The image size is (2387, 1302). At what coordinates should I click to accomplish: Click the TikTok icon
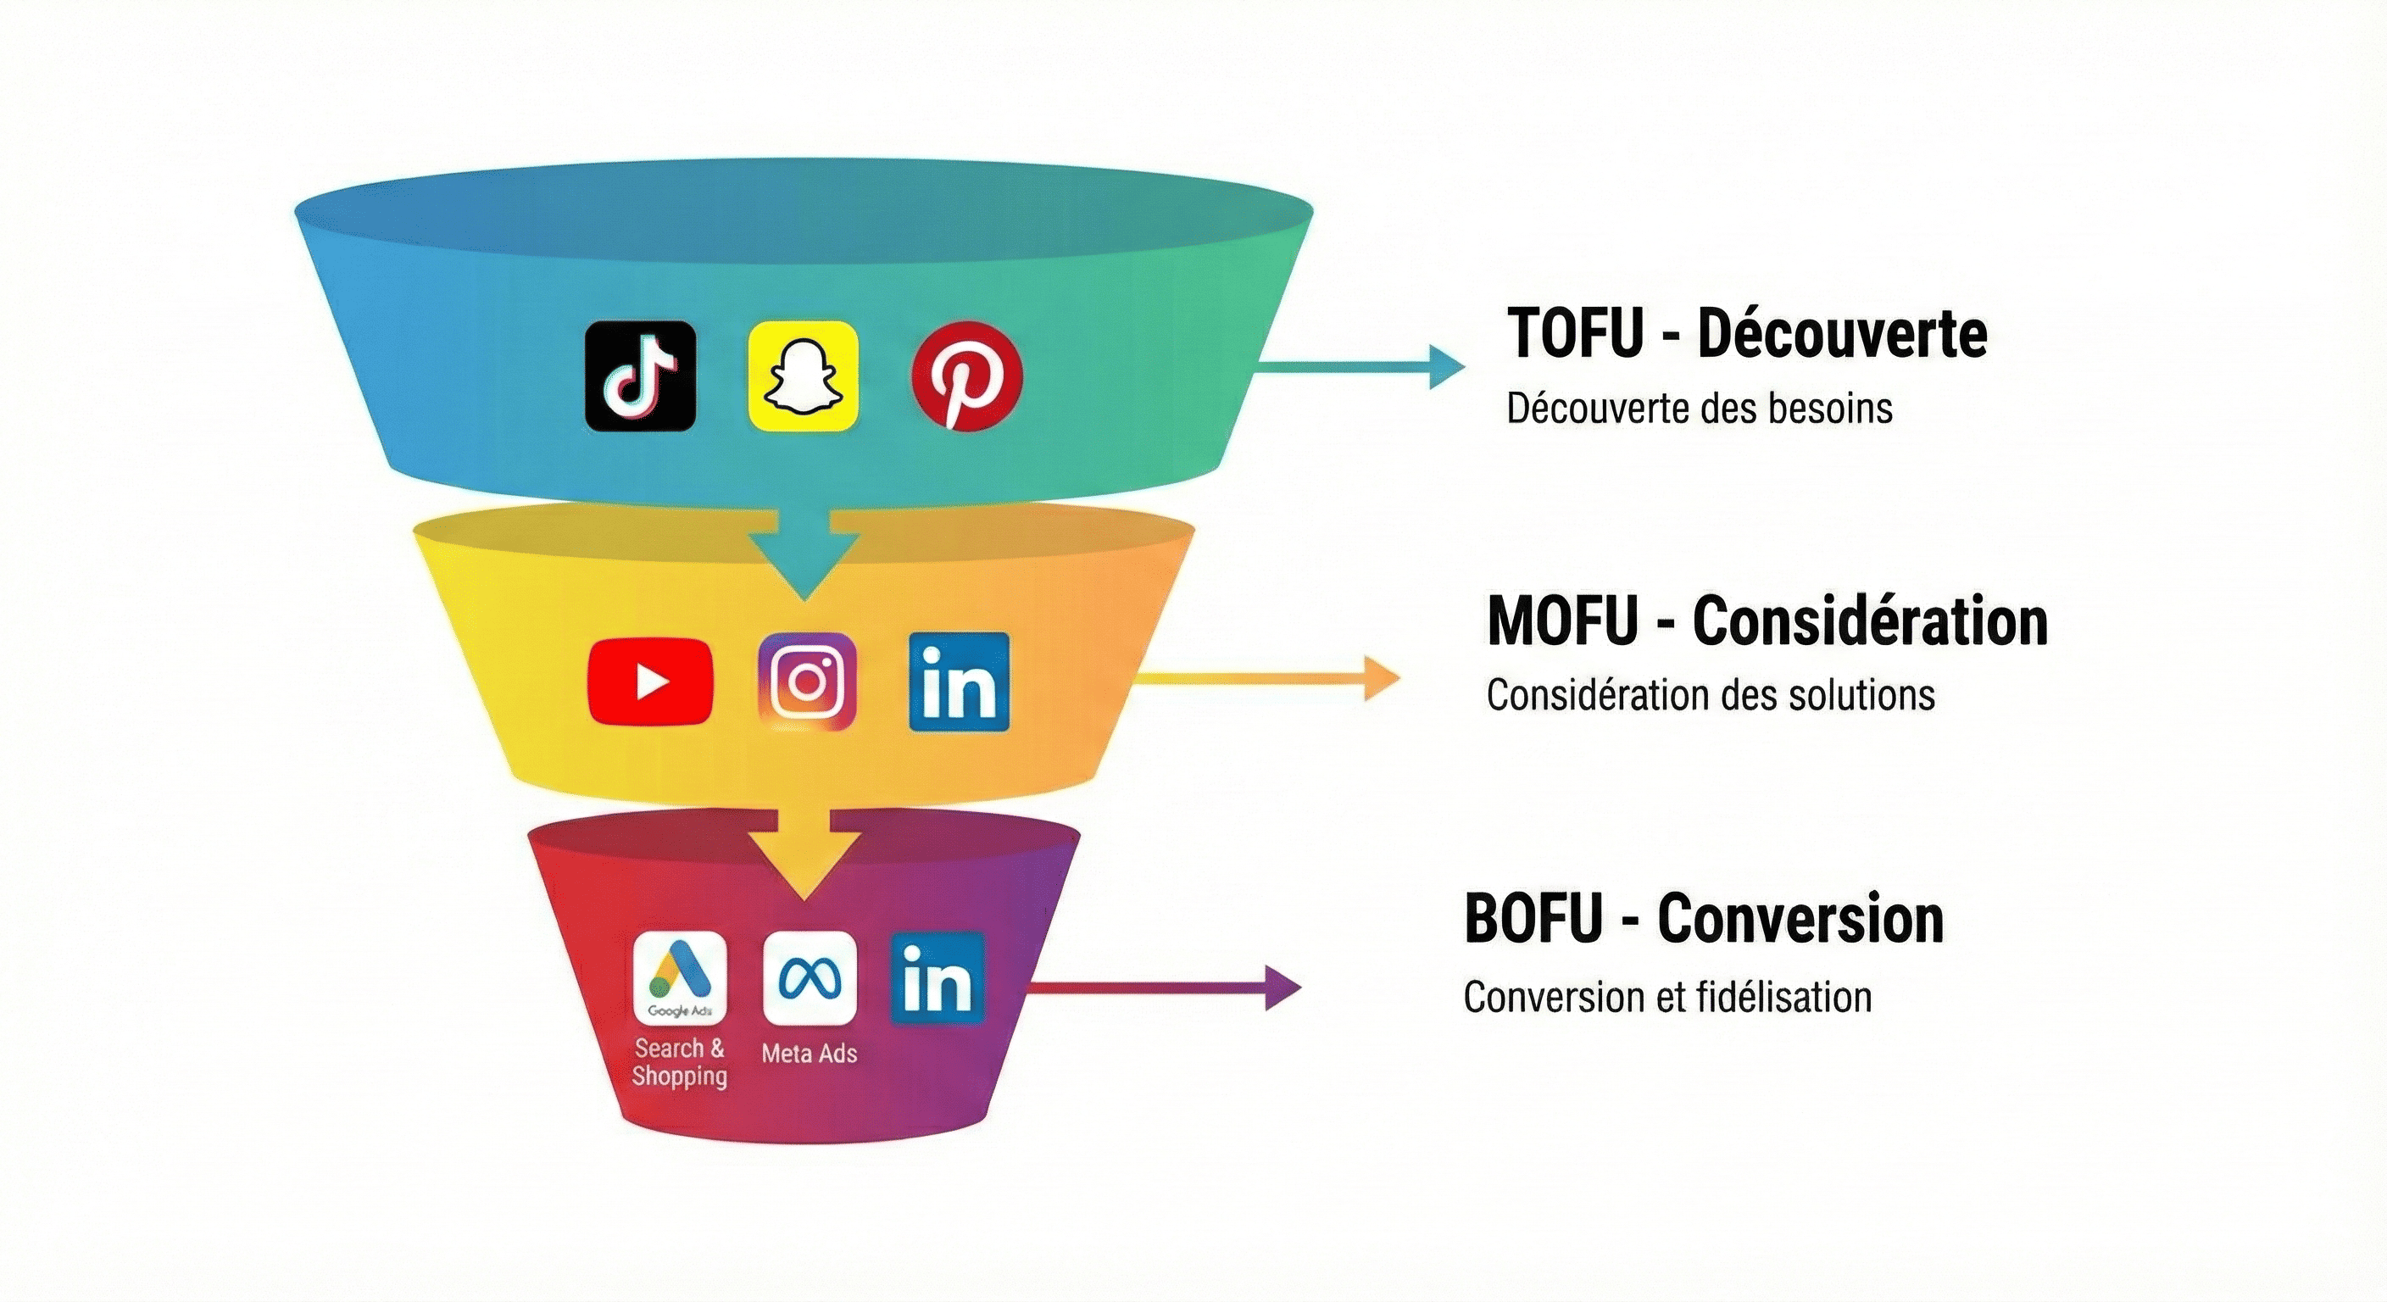click(x=640, y=376)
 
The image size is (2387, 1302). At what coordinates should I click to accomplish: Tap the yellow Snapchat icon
click(x=804, y=376)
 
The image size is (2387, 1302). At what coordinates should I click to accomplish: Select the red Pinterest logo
click(x=966, y=376)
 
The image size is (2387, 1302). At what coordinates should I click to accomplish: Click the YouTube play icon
click(x=650, y=682)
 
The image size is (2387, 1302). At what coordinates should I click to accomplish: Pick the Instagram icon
click(x=807, y=682)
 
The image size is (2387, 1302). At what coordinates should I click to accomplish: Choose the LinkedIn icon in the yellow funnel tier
click(x=959, y=682)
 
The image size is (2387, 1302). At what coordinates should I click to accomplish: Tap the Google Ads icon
click(x=680, y=978)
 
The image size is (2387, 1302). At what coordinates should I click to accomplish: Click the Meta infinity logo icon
click(x=809, y=978)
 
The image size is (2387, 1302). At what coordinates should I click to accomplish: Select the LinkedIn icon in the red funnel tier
click(x=938, y=978)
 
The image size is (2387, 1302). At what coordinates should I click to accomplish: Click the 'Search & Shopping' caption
click(x=679, y=1062)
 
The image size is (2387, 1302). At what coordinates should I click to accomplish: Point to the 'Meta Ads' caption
click(x=809, y=1053)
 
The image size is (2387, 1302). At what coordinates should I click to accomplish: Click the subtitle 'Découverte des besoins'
click(x=1700, y=409)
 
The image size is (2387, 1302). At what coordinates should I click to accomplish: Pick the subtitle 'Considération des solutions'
click(x=1711, y=695)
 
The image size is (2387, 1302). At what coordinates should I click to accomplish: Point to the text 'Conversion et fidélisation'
click(x=1668, y=997)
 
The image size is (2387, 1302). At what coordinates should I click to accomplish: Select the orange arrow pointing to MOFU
click(x=1270, y=678)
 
